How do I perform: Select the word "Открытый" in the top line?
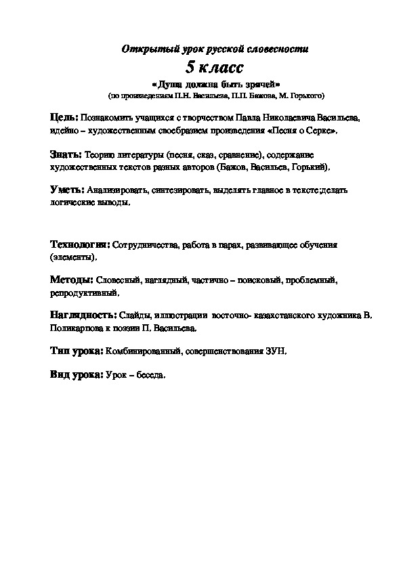(143, 49)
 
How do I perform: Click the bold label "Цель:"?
(64, 116)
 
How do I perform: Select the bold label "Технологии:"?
(80, 244)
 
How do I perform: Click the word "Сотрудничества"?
(144, 245)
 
